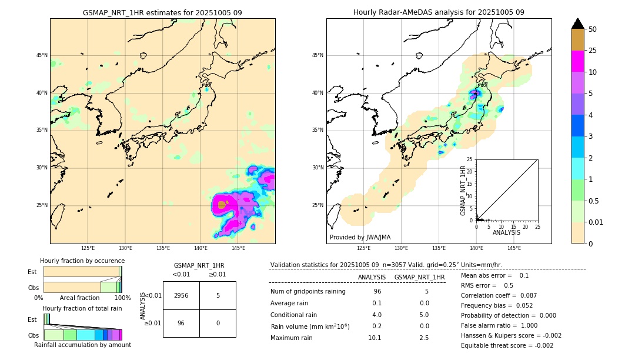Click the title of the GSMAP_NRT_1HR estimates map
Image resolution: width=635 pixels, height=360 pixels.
pyautogui.click(x=162, y=12)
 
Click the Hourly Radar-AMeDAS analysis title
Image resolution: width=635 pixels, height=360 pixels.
pyautogui.click(x=439, y=12)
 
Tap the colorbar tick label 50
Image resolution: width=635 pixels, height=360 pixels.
pyautogui.click(x=593, y=29)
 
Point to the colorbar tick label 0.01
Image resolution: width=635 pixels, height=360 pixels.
pyautogui.click(x=596, y=222)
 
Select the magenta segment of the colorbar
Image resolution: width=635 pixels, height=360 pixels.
pyautogui.click(x=577, y=61)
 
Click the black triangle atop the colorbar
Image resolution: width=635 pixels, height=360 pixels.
pyautogui.click(x=577, y=24)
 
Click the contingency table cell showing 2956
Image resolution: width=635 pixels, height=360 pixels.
pyautogui.click(x=181, y=295)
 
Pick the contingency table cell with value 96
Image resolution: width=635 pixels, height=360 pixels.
pyautogui.click(x=181, y=323)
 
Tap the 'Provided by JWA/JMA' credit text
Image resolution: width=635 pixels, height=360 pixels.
pyautogui.click(x=360, y=237)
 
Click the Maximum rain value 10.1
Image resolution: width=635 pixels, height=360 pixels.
pyautogui.click(x=375, y=338)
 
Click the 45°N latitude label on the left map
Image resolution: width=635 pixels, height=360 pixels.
pyautogui.click(x=42, y=55)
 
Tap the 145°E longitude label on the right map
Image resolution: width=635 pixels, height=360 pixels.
pyautogui.click(x=514, y=248)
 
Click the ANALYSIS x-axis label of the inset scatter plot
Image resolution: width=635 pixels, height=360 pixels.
pyautogui.click(x=506, y=232)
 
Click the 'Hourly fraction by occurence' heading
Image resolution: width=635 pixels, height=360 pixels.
pyautogui.click(x=82, y=261)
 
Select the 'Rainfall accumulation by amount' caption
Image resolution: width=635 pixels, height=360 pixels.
pyautogui.click(x=82, y=345)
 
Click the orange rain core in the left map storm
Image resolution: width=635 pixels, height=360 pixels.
pyautogui.click(x=222, y=205)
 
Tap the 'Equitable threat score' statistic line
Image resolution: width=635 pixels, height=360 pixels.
pyautogui.click(x=507, y=345)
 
